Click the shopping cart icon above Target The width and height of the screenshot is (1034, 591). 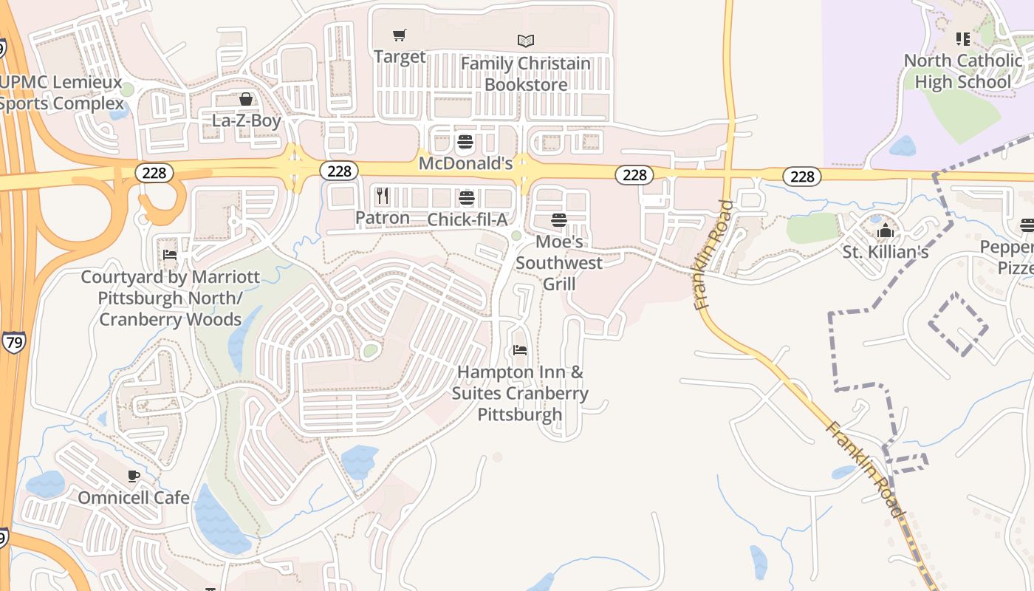[x=400, y=35]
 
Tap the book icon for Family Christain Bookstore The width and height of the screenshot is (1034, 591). [x=526, y=41]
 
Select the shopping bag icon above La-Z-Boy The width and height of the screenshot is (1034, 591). [x=246, y=99]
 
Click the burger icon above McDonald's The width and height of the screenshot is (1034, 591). [x=465, y=141]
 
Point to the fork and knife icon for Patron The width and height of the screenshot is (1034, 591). [x=383, y=196]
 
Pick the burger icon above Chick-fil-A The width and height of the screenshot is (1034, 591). [x=467, y=198]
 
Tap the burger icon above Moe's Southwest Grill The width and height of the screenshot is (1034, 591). [x=559, y=220]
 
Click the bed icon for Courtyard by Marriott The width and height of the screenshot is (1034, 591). [x=170, y=256]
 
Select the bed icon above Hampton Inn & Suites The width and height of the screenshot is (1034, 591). [x=520, y=350]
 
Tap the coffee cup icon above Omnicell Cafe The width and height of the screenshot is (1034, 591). [x=134, y=476]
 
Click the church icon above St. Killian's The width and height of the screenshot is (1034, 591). [x=885, y=231]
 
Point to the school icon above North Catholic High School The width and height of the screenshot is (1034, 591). [x=962, y=38]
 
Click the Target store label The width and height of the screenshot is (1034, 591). [x=400, y=57]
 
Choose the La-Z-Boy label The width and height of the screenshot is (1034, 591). [x=247, y=120]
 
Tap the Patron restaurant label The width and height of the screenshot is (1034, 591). [x=383, y=218]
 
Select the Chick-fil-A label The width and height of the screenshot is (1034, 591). [x=468, y=219]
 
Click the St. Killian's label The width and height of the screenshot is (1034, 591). [x=886, y=253]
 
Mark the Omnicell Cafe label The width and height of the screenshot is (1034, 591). [x=134, y=497]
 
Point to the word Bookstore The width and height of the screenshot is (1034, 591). [x=526, y=85]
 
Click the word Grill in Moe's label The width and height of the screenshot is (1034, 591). [x=559, y=284]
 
